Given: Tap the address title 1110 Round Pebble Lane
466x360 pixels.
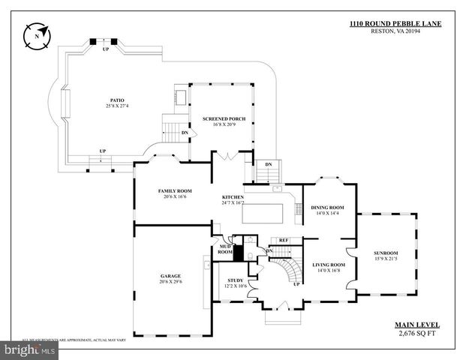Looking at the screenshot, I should pos(395,24).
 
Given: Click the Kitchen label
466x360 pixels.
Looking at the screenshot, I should pos(233,197).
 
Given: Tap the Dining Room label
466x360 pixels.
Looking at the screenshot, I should pos(327,207).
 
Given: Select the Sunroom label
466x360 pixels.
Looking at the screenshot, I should pos(386,253).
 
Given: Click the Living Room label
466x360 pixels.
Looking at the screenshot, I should pos(328,265).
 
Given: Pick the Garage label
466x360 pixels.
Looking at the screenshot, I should pos(170,275).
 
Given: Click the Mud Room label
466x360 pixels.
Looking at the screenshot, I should pos(225,249).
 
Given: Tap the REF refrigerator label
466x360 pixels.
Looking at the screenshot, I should pos(284,240).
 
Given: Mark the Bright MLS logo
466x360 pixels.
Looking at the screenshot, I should pos(30,349).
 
